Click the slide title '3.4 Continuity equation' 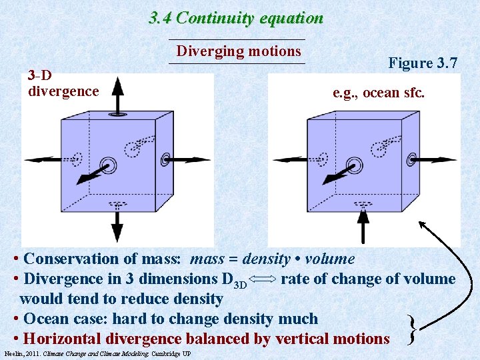coord(236,18)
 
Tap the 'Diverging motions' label coord(239,51)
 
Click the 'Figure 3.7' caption coord(423,63)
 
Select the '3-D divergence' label coord(63,83)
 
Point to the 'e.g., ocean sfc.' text coord(378,93)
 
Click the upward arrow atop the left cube coord(117,93)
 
